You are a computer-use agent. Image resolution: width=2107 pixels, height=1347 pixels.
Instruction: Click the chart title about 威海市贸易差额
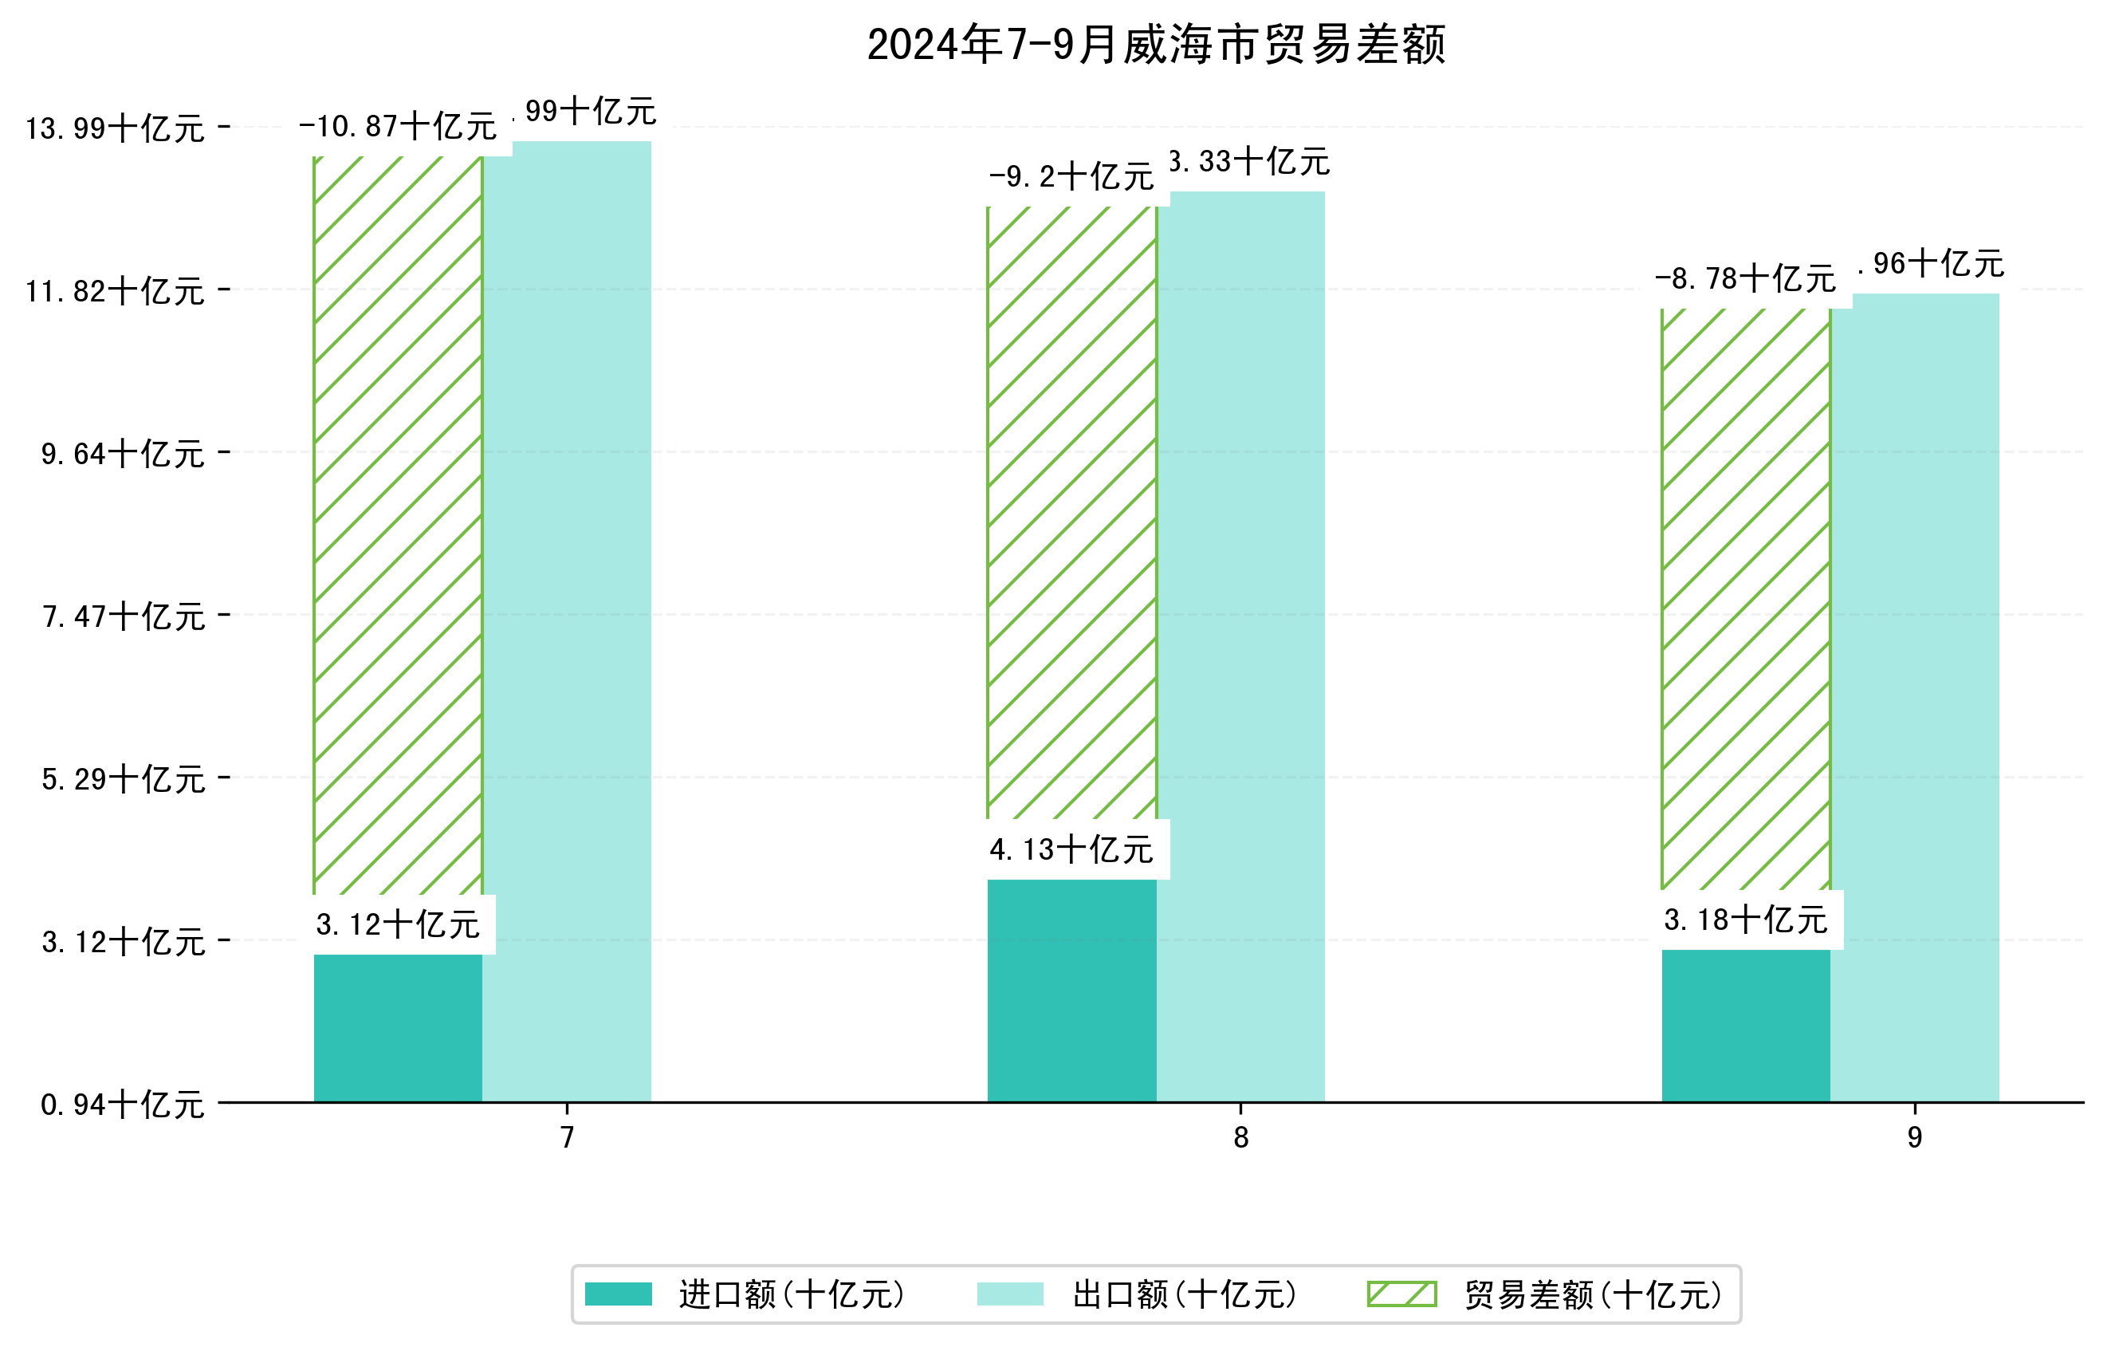1155,45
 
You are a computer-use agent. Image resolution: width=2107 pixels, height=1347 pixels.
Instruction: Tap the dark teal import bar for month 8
1072,990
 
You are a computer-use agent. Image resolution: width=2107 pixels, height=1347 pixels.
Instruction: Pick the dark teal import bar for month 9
1746,1025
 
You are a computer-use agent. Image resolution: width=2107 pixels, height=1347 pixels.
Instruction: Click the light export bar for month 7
567,621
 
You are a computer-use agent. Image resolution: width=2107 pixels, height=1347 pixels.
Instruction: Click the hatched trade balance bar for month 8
1072,512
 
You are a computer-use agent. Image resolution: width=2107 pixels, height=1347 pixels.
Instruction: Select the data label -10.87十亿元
398,127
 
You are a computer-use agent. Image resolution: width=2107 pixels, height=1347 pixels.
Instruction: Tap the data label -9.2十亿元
1072,177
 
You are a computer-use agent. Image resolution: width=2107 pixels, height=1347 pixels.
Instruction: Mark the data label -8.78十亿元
1746,279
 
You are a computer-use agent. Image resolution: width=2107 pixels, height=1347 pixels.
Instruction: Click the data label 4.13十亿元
1072,849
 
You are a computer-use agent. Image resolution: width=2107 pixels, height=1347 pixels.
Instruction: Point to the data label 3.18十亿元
1746,920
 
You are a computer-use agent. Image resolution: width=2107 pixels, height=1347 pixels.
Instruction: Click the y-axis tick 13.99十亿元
115,128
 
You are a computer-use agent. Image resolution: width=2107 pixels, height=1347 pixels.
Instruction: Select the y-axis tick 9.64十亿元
123,453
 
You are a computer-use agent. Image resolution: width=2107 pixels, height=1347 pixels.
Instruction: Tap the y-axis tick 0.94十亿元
123,1105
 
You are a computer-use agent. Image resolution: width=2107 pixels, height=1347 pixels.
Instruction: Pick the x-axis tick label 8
1240,1138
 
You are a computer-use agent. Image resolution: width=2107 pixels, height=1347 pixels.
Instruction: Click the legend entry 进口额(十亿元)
791,1294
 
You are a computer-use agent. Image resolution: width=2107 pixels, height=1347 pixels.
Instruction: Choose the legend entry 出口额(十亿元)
1184,1294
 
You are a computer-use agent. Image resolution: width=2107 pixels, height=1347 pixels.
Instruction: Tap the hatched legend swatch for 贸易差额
1401,1294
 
